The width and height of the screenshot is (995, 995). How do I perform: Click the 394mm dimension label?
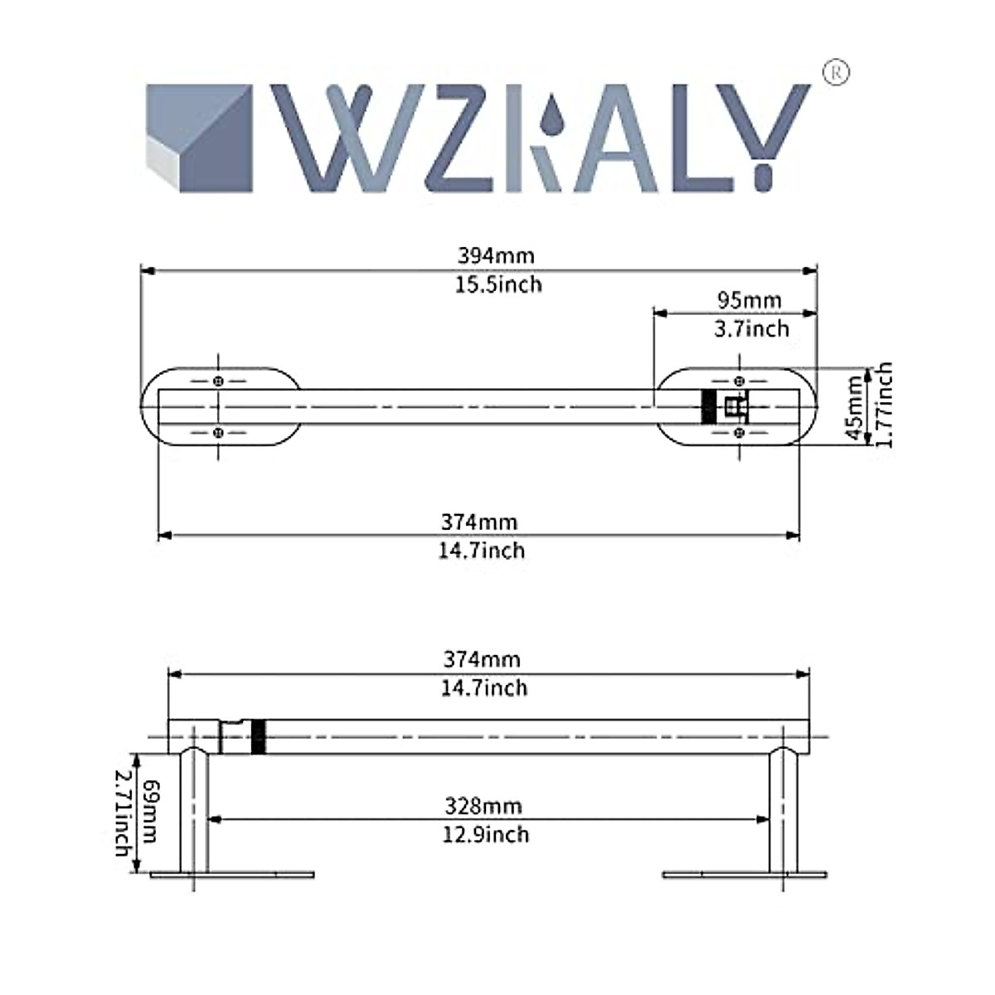496,255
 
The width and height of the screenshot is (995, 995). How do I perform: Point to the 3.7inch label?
751,329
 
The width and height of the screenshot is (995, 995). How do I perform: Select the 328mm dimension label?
483,805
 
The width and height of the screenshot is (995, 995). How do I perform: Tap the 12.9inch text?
486,834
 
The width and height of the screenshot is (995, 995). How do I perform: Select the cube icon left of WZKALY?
199,138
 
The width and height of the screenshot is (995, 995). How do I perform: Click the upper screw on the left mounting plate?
218,381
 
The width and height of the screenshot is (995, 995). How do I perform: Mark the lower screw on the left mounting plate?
218,432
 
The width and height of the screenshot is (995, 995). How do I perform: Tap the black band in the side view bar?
258,736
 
